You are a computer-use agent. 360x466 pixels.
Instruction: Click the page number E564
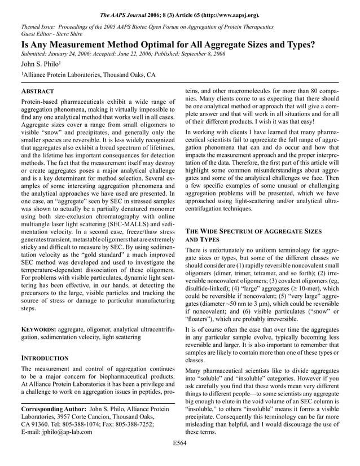tap(180, 459)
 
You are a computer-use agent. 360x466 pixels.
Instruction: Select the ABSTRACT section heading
tap(37, 91)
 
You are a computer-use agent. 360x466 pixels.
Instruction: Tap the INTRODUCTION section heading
tap(45, 358)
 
